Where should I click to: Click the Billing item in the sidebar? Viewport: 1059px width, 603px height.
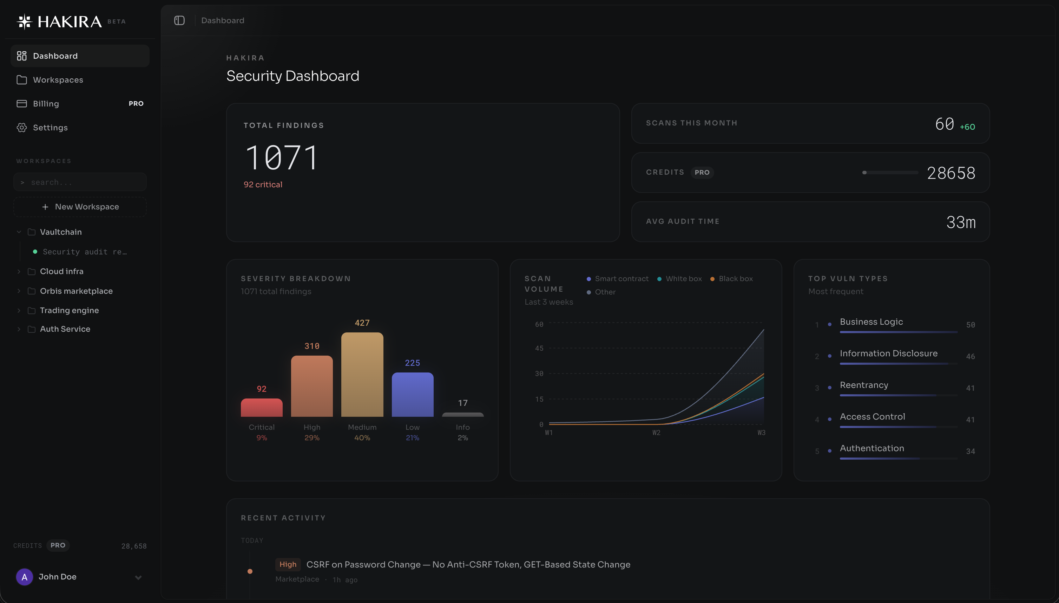click(46, 104)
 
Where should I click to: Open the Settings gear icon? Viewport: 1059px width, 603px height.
click(21, 128)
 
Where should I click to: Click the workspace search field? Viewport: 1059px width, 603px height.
click(80, 182)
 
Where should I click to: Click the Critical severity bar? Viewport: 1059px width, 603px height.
click(262, 408)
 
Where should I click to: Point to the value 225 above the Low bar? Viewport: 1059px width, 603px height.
click(412, 363)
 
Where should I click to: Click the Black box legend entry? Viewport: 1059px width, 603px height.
click(735, 279)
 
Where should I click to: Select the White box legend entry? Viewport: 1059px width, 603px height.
click(683, 279)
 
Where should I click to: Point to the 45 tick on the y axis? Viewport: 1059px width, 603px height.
click(539, 348)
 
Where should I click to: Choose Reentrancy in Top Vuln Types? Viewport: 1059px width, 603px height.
click(864, 385)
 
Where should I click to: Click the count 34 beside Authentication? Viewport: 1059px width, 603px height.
click(970, 452)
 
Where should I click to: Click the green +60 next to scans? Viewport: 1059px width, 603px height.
click(967, 127)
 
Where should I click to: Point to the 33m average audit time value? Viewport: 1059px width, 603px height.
click(961, 222)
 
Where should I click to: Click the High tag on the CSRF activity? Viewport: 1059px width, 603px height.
click(288, 564)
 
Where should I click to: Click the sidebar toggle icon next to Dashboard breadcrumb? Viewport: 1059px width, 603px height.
click(179, 20)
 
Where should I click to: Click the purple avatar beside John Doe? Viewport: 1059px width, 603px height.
click(25, 577)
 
